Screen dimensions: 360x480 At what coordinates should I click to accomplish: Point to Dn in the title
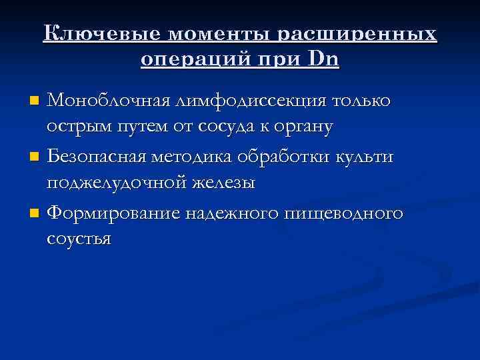click(x=325, y=60)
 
